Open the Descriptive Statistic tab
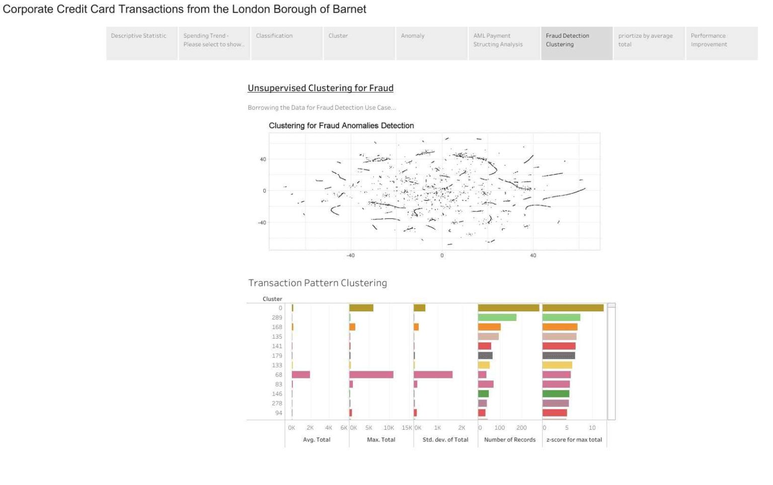(142, 43)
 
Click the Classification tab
(286, 43)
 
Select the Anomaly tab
(431, 43)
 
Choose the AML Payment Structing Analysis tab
(504, 43)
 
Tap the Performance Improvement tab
(721, 43)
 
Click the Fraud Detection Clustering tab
(577, 43)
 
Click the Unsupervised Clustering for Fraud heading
(320, 88)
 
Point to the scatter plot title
(341, 126)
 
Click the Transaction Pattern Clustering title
(318, 283)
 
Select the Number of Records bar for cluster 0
(508, 308)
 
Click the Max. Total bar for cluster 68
(371, 375)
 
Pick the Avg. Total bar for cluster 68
(300, 375)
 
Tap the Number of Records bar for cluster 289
(497, 317)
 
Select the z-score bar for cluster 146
(556, 394)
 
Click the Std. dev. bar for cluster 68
(433, 375)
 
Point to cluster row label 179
(277, 356)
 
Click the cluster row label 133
(277, 365)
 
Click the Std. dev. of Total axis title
(445, 440)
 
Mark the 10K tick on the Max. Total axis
(389, 428)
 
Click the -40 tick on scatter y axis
(262, 222)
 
